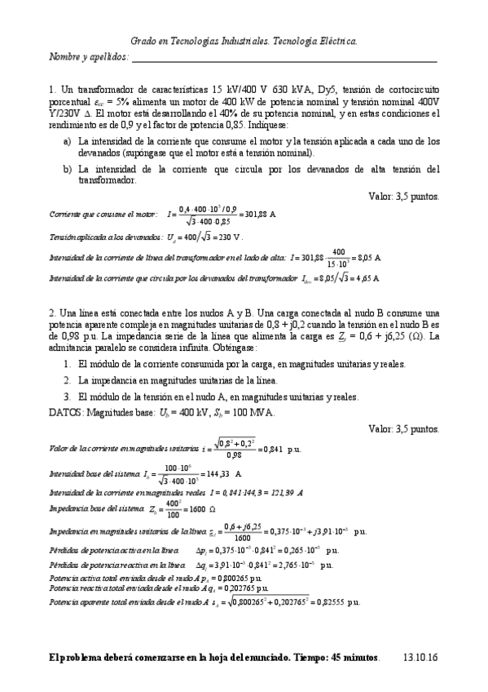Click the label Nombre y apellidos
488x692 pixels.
click(x=89, y=57)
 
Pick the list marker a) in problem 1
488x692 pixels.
click(x=68, y=141)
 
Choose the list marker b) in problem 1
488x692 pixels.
click(x=68, y=169)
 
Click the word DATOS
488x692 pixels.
click(x=65, y=412)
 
